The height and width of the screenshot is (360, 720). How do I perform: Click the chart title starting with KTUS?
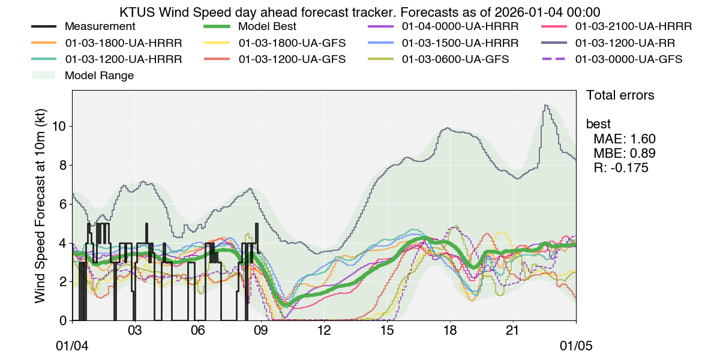click(x=360, y=12)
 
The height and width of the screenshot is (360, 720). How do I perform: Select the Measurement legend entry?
click(x=100, y=27)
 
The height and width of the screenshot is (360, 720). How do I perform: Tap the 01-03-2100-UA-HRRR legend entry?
click(x=633, y=27)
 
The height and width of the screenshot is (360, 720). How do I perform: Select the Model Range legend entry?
click(x=99, y=76)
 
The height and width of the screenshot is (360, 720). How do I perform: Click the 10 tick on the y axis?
click(x=59, y=127)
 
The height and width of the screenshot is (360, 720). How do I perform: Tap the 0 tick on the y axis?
click(x=62, y=321)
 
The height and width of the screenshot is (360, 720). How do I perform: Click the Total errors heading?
click(x=620, y=95)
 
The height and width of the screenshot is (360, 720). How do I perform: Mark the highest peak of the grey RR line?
click(x=545, y=106)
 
